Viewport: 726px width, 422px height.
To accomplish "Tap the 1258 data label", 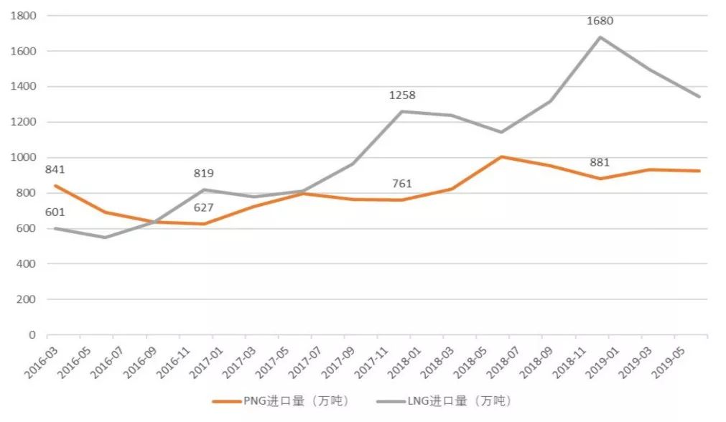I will pos(402,95).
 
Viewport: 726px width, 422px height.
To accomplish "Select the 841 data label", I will pos(55,169).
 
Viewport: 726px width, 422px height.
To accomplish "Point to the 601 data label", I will pos(55,212).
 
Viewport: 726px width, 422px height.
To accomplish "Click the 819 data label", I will pos(203,173).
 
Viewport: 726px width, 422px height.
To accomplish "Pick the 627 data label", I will pos(203,209).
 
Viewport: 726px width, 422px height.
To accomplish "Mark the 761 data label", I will pos(402,184).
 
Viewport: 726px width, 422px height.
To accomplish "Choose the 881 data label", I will pos(599,162).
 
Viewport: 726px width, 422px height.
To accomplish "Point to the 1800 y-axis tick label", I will pos(24,15).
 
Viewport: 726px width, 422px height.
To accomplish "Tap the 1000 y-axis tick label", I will pos(24,157).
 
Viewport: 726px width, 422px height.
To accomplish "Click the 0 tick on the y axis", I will pos(32,334).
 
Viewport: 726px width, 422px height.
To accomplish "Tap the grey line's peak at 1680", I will pos(600,37).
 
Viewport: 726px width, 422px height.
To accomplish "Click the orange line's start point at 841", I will pos(55,185).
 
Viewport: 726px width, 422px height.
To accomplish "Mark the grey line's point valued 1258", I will pos(402,111).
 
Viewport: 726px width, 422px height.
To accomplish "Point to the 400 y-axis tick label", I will pos(27,263).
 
